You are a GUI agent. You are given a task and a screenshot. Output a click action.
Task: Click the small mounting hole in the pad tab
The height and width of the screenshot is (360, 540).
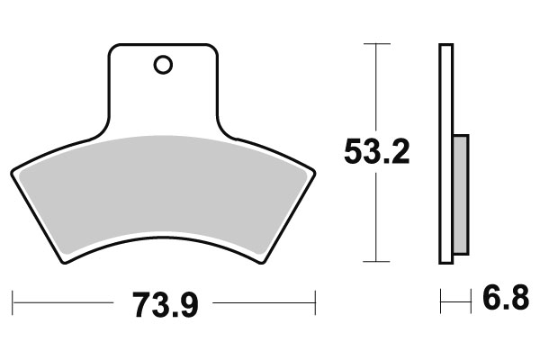[x=163, y=65]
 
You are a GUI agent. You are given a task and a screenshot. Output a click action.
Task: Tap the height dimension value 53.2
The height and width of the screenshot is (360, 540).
[x=377, y=152]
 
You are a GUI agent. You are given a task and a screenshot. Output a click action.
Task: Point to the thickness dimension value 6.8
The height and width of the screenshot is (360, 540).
[x=505, y=298]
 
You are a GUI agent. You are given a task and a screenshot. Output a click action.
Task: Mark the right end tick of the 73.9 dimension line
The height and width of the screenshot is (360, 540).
[x=317, y=299]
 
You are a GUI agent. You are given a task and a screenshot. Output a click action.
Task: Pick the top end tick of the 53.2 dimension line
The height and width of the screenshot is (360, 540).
[x=376, y=43]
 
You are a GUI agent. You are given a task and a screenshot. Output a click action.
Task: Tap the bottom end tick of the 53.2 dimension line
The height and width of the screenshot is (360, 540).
[x=376, y=262]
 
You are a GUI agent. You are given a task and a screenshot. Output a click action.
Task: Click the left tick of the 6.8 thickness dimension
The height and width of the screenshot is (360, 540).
[x=440, y=299]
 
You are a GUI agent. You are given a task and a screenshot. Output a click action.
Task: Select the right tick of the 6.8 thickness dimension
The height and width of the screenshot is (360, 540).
[x=471, y=299]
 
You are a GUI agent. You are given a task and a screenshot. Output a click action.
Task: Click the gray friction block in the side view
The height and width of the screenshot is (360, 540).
[x=460, y=193]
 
